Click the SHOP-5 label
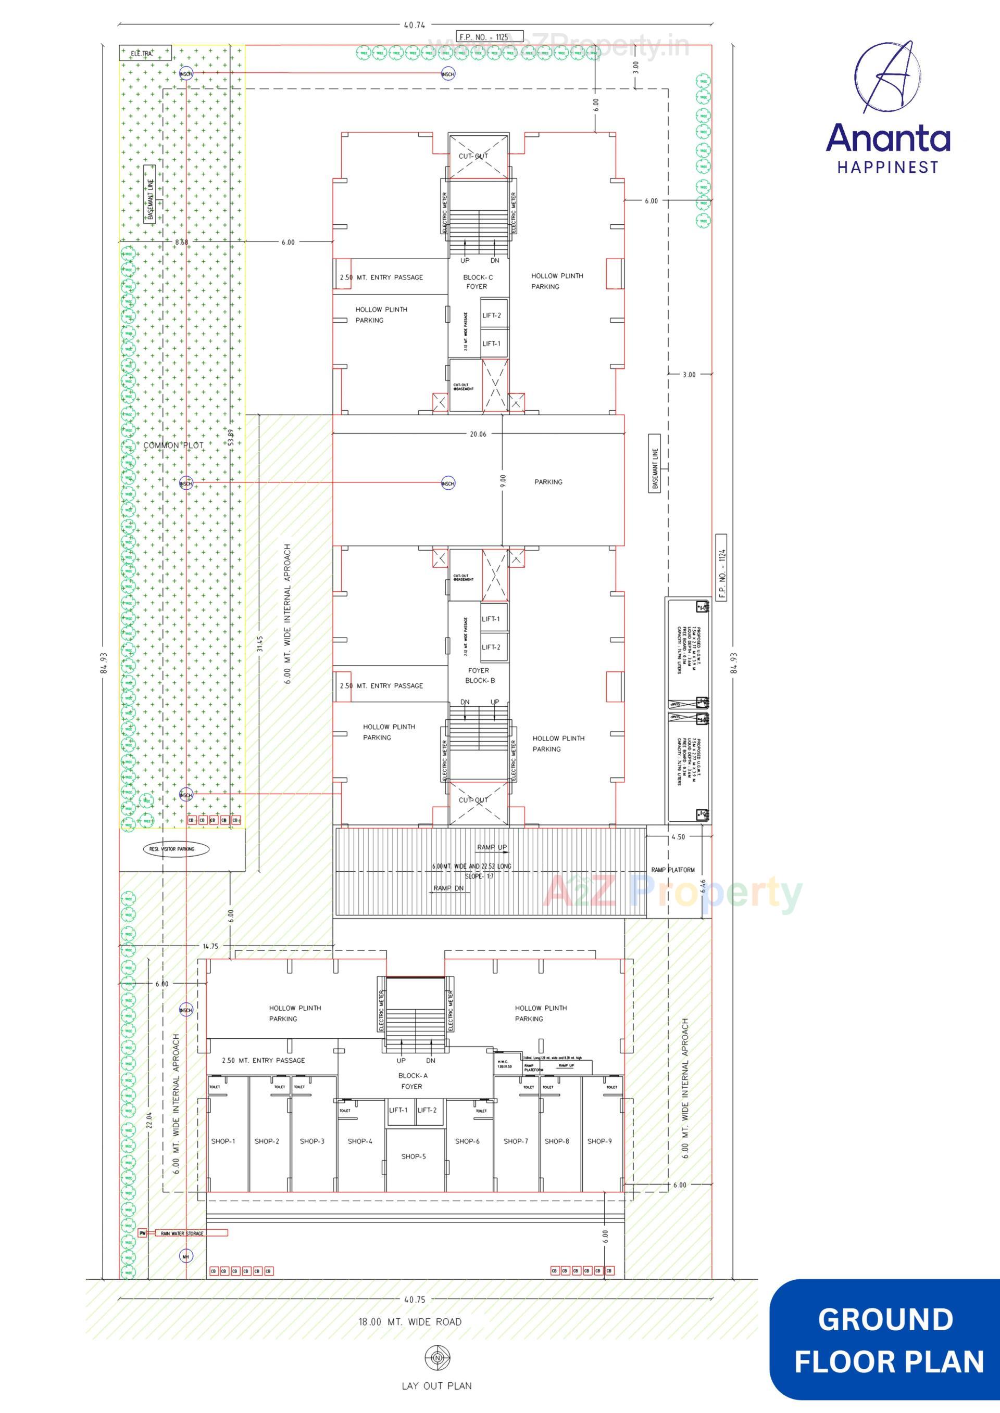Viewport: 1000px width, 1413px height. pos(413,1156)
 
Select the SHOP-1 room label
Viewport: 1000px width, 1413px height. pos(223,1141)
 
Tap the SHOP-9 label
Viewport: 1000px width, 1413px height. pos(599,1141)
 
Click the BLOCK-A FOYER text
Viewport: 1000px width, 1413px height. pos(412,1080)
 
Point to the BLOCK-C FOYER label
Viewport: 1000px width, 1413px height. pos(477,282)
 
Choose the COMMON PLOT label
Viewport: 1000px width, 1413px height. pos(173,445)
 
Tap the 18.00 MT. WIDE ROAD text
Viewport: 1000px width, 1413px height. pos(410,1321)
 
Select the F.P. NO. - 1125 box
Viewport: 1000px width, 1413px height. pos(490,36)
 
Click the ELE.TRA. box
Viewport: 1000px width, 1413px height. pos(145,54)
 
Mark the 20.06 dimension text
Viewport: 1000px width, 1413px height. pos(478,434)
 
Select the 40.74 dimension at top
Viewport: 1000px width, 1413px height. pos(415,25)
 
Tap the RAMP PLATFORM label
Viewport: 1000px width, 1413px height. pos(672,870)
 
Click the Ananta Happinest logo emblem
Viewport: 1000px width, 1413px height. pos(888,77)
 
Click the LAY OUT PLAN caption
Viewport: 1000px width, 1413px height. pos(436,1386)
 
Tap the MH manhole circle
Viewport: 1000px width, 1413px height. pos(186,1255)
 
